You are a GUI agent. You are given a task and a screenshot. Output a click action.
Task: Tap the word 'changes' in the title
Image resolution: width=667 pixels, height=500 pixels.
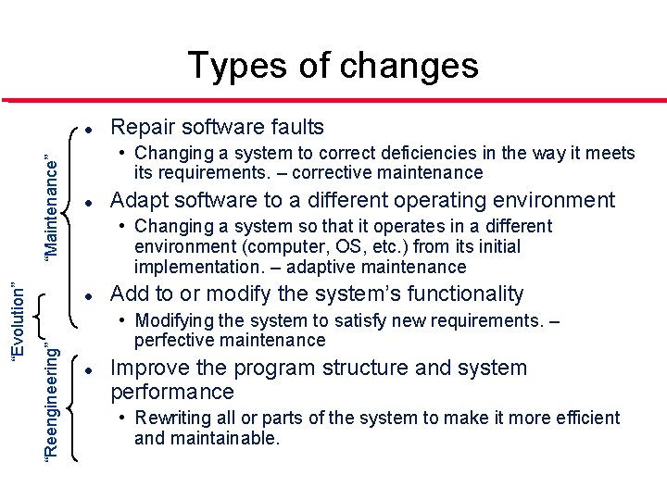409,66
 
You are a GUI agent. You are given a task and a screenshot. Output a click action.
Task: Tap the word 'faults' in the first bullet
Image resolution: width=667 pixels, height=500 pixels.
294,127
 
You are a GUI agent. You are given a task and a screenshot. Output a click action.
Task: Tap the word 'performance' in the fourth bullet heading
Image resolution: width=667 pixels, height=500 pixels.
172,392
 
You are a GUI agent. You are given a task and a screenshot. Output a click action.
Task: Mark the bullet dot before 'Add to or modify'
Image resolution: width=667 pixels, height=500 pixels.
85,294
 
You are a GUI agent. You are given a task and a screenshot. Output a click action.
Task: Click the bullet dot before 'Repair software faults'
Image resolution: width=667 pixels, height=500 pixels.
85,127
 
